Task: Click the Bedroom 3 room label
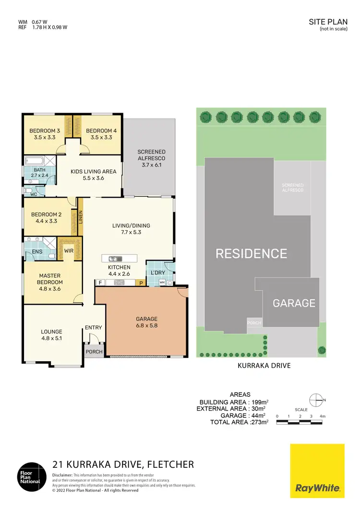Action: coord(45,130)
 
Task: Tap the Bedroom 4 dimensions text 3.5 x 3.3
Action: coord(101,138)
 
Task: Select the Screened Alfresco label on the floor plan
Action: coord(151,154)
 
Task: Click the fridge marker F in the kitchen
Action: coord(101,283)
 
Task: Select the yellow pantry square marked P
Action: coord(141,283)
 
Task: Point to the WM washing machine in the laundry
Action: coord(162,283)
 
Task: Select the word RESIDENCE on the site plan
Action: coord(251,253)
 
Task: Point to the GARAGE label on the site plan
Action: coord(294,303)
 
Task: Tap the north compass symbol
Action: coord(316,399)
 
